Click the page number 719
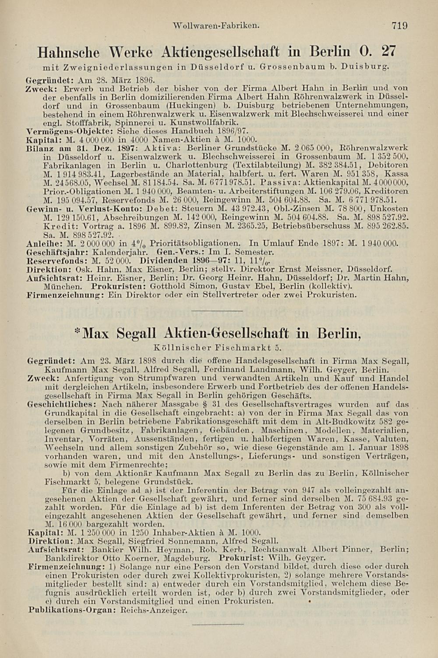(399, 26)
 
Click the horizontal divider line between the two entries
(218, 311)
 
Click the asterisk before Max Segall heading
(77, 330)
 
